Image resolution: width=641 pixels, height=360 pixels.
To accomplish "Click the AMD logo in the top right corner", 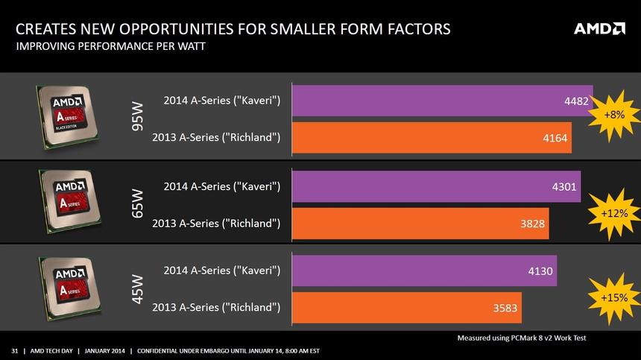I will click(599, 29).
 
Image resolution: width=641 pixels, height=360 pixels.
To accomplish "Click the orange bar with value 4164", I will click(432, 137).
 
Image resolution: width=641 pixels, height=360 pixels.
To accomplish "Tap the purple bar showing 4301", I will click(436, 186).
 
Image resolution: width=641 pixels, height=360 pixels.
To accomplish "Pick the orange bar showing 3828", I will click(420, 223).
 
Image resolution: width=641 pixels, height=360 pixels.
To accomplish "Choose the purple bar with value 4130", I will click(424, 271).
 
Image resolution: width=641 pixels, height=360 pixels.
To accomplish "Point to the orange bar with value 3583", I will click(406, 307).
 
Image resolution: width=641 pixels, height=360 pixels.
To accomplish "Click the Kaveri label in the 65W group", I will click(221, 186).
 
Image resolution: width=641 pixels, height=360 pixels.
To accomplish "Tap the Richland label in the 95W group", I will click(216, 137).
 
